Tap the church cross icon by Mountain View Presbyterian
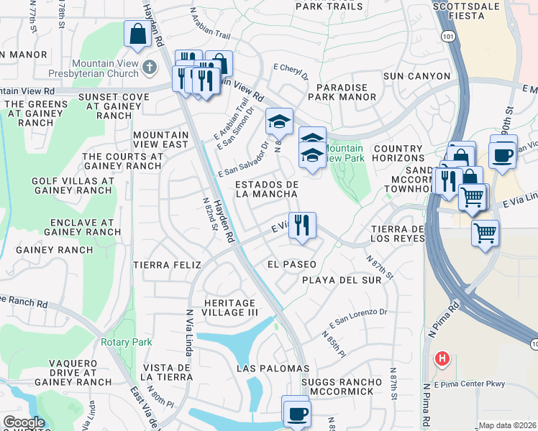tap(149, 68)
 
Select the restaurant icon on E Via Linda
tap(302, 225)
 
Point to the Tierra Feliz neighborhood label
tap(167, 265)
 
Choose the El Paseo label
tap(291, 264)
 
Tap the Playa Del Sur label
tap(341, 280)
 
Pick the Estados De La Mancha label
tap(267, 190)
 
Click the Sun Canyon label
tap(416, 76)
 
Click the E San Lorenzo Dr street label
tap(358, 317)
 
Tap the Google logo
tap(24, 422)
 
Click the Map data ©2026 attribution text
tap(507, 425)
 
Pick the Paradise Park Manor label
tap(337, 93)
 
